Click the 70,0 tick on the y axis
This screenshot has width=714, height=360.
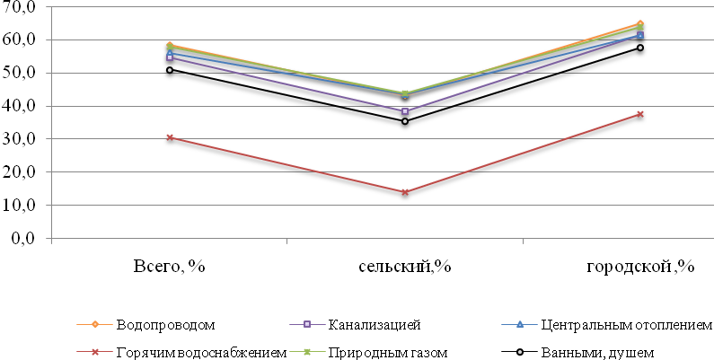click(19, 7)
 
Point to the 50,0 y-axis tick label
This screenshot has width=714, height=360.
click(19, 73)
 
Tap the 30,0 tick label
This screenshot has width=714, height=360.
click(19, 139)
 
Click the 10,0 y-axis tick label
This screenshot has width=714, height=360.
click(19, 205)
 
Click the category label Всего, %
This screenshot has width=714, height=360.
click(170, 266)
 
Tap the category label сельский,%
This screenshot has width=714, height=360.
click(404, 266)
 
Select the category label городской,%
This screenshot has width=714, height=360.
click(641, 266)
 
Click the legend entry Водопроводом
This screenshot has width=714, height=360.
click(166, 323)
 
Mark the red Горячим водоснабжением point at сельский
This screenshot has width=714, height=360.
click(405, 192)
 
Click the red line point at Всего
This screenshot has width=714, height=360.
click(170, 137)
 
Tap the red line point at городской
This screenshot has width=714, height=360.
click(640, 114)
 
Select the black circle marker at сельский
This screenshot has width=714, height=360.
click(405, 121)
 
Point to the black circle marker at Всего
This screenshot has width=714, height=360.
click(170, 70)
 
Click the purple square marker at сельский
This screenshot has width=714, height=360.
click(405, 112)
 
